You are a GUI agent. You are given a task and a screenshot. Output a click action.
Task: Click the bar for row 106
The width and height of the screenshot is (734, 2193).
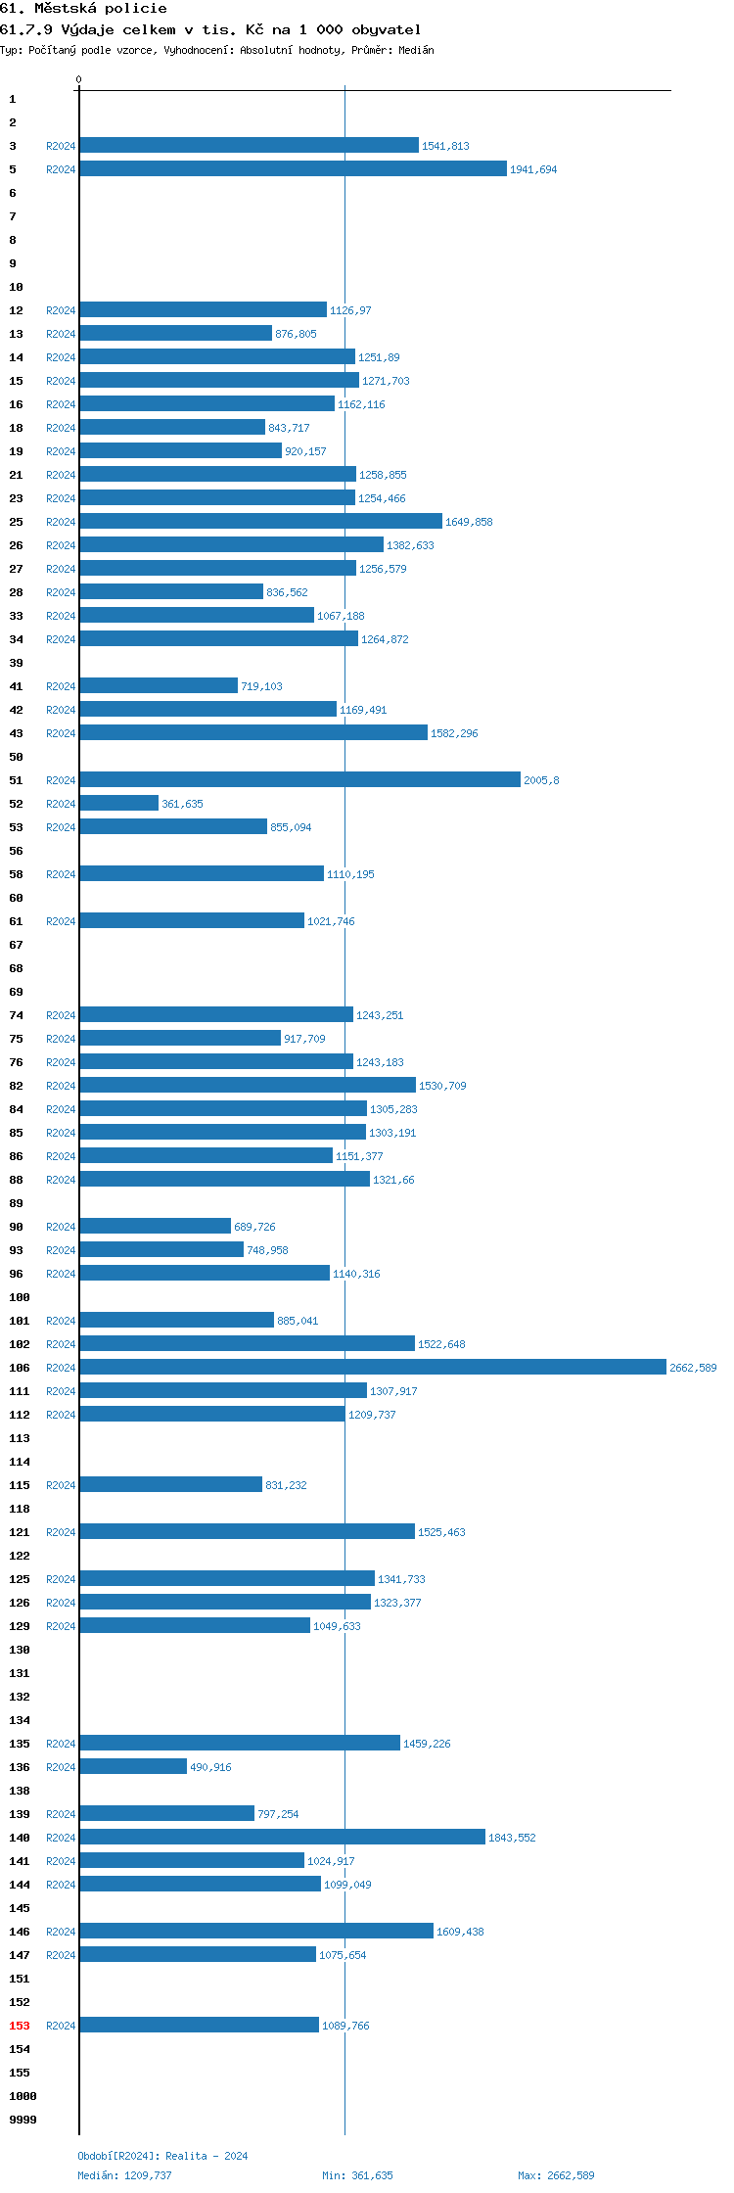pyautogui.click(x=372, y=1367)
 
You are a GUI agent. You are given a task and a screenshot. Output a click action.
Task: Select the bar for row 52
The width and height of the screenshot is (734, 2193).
pyautogui.click(x=118, y=803)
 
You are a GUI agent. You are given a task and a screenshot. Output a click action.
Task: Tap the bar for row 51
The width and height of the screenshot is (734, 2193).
pyautogui.click(x=299, y=779)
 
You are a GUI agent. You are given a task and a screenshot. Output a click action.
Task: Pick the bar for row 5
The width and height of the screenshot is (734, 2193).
pyautogui.click(x=293, y=168)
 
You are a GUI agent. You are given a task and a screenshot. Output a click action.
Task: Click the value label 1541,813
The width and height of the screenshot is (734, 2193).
pyautogui.click(x=445, y=146)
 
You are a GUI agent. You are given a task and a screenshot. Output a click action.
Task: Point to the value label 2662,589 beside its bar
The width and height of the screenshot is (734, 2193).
pyautogui.click(x=693, y=1368)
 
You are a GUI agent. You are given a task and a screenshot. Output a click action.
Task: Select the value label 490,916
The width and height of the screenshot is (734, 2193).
pyautogui.click(x=210, y=1767)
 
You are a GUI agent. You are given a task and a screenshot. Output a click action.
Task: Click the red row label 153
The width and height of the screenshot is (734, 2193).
pyautogui.click(x=20, y=2026)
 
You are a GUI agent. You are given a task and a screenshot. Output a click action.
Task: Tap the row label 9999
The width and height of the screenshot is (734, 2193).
pyautogui.click(x=23, y=2120)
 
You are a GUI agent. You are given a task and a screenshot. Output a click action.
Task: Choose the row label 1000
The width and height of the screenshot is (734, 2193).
pyautogui.click(x=23, y=2096)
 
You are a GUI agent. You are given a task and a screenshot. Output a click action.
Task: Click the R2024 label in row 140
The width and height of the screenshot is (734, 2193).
pyautogui.click(x=61, y=1838)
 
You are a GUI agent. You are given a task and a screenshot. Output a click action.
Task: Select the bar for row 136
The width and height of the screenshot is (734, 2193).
pyautogui.click(x=133, y=1766)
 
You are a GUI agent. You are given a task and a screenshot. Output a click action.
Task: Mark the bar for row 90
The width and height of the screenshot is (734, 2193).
pyautogui.click(x=155, y=1226)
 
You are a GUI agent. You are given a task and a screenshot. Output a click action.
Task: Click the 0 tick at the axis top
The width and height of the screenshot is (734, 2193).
pyautogui.click(x=79, y=79)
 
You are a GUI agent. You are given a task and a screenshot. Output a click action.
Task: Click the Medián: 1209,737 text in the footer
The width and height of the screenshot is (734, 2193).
pyautogui.click(x=124, y=2175)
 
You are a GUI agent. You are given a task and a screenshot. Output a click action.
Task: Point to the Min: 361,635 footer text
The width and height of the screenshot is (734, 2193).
pyautogui.click(x=357, y=2175)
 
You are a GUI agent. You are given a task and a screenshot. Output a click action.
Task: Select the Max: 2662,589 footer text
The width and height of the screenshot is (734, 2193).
pyautogui.click(x=556, y=2175)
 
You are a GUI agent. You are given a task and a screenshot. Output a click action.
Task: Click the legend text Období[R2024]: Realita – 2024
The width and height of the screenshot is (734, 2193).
pyautogui.click(x=162, y=2156)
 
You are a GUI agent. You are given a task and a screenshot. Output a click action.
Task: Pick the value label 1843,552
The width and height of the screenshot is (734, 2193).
pyautogui.click(x=512, y=1838)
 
